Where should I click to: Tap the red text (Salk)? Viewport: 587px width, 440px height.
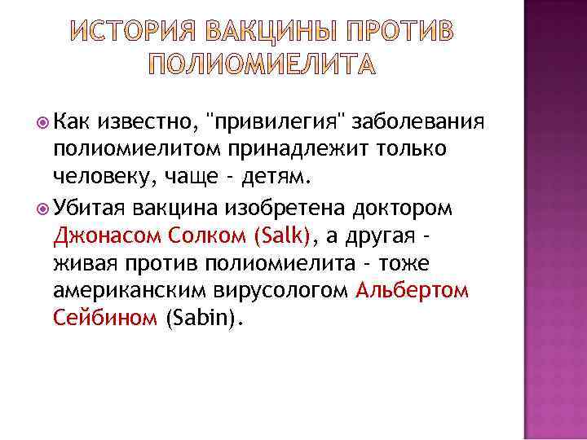coord(283,236)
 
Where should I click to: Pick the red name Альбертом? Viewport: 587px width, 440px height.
coord(413,291)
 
